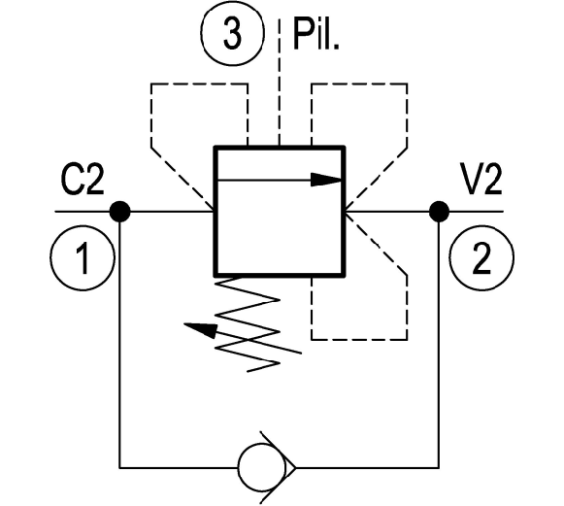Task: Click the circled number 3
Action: pyautogui.click(x=232, y=33)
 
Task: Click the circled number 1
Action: pyautogui.click(x=83, y=257)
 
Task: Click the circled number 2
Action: pyautogui.click(x=481, y=257)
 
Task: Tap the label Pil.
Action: pyautogui.click(x=316, y=34)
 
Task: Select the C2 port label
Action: pyautogui.click(x=83, y=180)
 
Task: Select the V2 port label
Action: pyautogui.click(x=481, y=180)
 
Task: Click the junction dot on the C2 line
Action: pyautogui.click(x=119, y=212)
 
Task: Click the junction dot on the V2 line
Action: pyautogui.click(x=439, y=212)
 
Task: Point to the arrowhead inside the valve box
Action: pyautogui.click(x=325, y=180)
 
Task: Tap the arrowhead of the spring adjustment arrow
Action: pyautogui.click(x=201, y=329)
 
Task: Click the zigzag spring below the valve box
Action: pyautogui.click(x=248, y=324)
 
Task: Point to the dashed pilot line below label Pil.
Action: pyautogui.click(x=280, y=82)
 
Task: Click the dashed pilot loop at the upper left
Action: pyautogui.click(x=151, y=116)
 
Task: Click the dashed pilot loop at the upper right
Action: pyautogui.click(x=407, y=116)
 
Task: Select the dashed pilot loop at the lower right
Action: pyautogui.click(x=407, y=306)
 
